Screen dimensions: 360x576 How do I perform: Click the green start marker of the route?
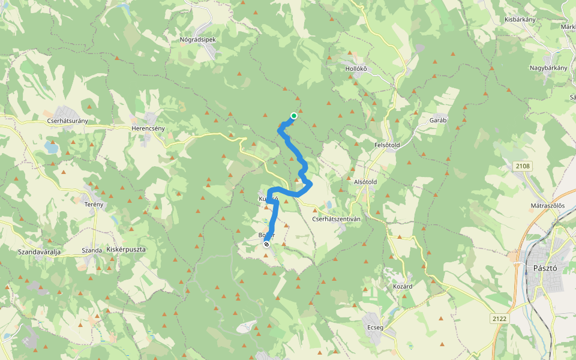(293, 116)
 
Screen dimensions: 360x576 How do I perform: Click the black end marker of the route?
(266, 244)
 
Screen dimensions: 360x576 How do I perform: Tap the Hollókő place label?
(356, 68)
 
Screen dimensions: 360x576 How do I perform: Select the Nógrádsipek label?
(197, 40)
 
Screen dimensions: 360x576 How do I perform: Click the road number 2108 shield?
(523, 165)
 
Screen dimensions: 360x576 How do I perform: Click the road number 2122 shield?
(499, 318)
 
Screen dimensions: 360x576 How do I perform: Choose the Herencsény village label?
(148, 128)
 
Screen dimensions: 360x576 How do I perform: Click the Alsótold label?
(365, 181)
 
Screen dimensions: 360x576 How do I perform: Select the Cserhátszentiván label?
(336, 219)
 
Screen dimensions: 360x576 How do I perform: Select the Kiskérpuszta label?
(126, 249)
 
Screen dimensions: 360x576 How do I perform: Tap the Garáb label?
(438, 120)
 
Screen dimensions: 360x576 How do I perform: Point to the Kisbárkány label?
(520, 20)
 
